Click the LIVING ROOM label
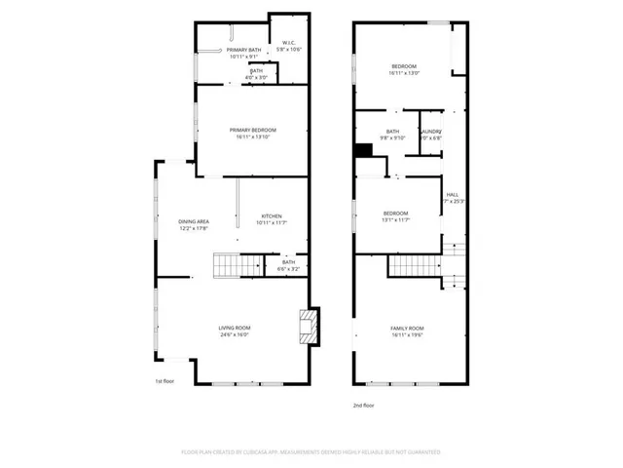click(234, 328)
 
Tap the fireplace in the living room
click(308, 327)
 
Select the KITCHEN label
click(271, 215)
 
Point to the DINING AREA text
click(192, 221)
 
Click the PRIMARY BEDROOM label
click(253, 130)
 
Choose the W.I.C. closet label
click(289, 43)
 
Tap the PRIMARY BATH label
click(244, 50)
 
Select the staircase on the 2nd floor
click(415, 265)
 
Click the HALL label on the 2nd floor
click(452, 194)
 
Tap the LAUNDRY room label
click(431, 132)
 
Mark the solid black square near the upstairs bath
click(363, 150)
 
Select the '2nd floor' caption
click(364, 405)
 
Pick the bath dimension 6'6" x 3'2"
click(289, 269)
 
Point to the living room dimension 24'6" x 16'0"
click(234, 335)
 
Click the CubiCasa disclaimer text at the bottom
click(311, 452)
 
